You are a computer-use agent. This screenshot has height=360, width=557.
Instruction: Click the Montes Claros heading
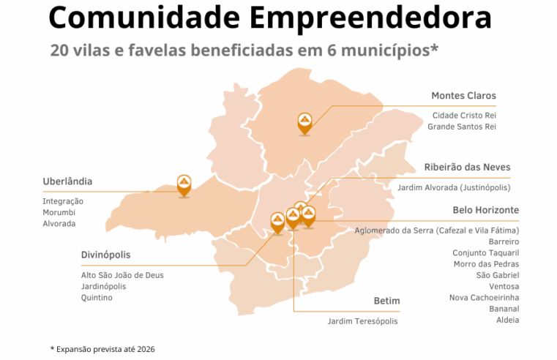click(x=463, y=96)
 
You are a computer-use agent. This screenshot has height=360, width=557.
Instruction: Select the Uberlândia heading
click(x=67, y=181)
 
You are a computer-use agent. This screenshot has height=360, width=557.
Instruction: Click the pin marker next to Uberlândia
click(x=184, y=184)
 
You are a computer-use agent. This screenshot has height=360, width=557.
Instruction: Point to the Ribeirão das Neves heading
click(x=467, y=167)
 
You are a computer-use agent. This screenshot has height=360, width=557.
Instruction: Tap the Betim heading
click(x=386, y=301)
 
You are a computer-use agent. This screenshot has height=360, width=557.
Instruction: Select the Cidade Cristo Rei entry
click(x=464, y=116)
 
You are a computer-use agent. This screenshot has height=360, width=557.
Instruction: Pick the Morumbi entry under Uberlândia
click(x=58, y=212)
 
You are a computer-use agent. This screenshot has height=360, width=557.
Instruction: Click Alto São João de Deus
click(x=122, y=275)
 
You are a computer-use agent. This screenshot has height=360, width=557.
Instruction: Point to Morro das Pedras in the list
click(x=486, y=263)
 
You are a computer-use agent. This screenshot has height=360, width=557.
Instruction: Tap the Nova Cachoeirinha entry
click(x=484, y=297)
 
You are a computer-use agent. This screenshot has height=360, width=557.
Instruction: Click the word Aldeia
click(x=507, y=320)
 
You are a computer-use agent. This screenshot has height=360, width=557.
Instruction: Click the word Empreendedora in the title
click(x=375, y=17)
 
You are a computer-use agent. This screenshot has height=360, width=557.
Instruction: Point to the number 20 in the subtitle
click(x=61, y=50)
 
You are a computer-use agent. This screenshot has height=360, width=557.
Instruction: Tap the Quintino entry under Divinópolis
click(x=97, y=298)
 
